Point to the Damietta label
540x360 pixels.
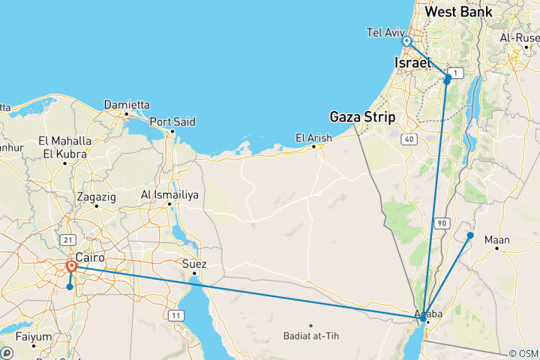(127, 104)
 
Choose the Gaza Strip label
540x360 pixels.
(364, 116)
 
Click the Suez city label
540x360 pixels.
(194, 264)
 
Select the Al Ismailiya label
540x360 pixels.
(170, 195)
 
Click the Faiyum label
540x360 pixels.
(34, 336)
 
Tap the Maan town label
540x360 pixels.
(497, 241)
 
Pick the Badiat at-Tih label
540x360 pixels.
(312, 335)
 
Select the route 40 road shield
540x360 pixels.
(409, 139)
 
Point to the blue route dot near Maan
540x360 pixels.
(470, 235)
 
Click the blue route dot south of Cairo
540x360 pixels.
(70, 286)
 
